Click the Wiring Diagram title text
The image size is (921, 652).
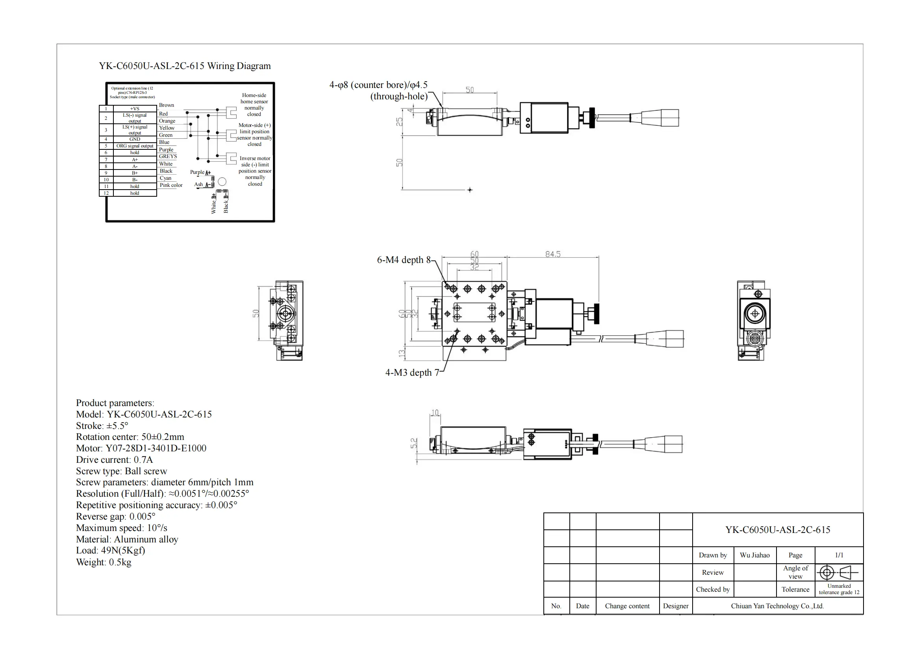(x=185, y=66)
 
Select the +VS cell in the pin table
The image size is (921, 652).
(x=135, y=108)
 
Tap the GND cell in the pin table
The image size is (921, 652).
(x=135, y=139)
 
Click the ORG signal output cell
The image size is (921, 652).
(x=135, y=146)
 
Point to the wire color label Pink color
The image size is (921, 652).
(x=171, y=185)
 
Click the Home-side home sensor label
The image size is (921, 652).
(x=254, y=104)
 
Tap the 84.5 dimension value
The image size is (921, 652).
(x=553, y=254)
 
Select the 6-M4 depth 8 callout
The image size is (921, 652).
(x=403, y=260)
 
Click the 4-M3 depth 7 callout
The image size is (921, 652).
(x=412, y=373)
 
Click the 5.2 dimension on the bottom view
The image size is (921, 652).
(x=414, y=443)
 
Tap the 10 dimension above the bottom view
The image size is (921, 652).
(x=435, y=413)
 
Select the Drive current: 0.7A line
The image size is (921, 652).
(x=114, y=460)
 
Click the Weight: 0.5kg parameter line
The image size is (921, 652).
(x=104, y=562)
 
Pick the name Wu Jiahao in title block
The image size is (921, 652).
(x=754, y=555)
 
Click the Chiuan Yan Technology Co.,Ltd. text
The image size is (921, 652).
(x=777, y=606)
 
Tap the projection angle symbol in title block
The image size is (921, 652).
(x=838, y=572)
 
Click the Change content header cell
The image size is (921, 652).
(x=627, y=606)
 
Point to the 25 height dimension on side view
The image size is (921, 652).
(x=399, y=122)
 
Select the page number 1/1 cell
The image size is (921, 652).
(x=839, y=555)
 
